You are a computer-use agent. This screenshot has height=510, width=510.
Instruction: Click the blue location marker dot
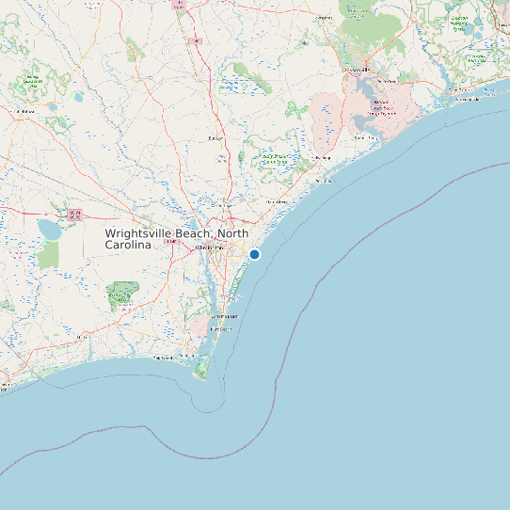click(x=254, y=254)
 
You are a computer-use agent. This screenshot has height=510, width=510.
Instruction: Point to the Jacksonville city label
click(x=357, y=70)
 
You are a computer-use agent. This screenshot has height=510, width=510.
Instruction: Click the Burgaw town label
click(x=215, y=138)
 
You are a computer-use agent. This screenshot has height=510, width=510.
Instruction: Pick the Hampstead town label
click(x=277, y=201)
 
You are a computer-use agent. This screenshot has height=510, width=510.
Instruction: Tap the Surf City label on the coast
click(x=325, y=180)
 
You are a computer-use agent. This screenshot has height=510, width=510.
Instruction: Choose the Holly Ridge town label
click(x=324, y=157)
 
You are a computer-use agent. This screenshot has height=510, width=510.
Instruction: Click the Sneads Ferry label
click(x=363, y=138)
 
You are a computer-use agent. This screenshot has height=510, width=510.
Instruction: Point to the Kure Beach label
click(x=222, y=329)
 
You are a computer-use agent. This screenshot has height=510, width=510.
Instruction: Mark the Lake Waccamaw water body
click(x=47, y=229)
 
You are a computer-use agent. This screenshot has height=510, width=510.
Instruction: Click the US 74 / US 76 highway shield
click(x=75, y=215)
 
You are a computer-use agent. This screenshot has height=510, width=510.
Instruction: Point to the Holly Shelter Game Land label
click(x=275, y=160)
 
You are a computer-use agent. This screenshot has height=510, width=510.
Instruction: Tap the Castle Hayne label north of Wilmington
click(x=222, y=204)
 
